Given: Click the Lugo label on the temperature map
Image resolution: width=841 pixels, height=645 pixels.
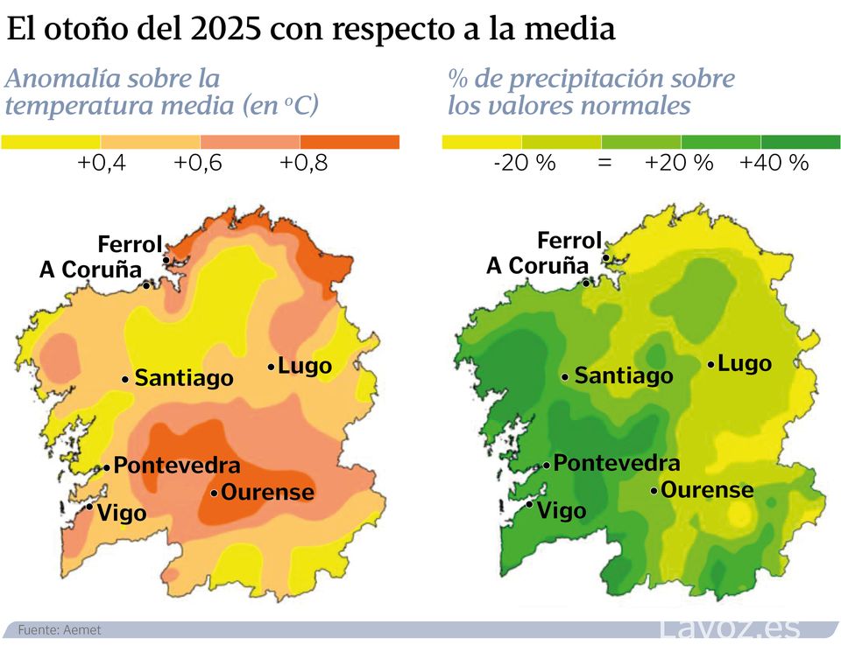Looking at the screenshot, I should [x=305, y=366].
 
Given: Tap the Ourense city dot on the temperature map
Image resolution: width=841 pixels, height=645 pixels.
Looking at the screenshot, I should [x=214, y=494].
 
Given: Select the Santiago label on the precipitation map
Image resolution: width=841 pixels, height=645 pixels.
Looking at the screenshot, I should [x=624, y=376].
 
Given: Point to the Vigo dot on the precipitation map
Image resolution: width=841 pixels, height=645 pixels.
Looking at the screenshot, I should [x=529, y=504].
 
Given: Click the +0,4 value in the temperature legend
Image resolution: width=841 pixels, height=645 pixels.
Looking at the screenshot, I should [x=102, y=163].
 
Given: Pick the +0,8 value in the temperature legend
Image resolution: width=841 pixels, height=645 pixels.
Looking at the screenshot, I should [x=303, y=163].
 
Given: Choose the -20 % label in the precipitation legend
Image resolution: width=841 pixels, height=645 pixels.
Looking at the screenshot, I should [x=525, y=163].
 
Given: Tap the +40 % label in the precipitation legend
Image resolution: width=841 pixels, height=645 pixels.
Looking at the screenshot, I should [x=774, y=163].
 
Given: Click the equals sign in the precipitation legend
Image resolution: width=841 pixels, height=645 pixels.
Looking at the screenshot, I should [x=604, y=163].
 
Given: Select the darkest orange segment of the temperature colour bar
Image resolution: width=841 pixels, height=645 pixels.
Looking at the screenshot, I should [x=350, y=142].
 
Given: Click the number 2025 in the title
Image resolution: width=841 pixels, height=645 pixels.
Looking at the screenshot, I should [x=225, y=29].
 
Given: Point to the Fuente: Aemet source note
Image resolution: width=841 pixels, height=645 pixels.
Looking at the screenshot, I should [x=60, y=630].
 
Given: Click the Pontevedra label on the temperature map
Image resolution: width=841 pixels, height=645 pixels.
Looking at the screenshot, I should [x=177, y=466].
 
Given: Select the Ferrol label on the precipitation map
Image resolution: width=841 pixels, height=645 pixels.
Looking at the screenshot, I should [x=569, y=240].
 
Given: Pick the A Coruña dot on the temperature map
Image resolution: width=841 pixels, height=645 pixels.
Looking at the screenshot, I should [x=146, y=284].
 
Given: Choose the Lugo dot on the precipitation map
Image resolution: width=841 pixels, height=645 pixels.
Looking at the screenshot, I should [x=710, y=363].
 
